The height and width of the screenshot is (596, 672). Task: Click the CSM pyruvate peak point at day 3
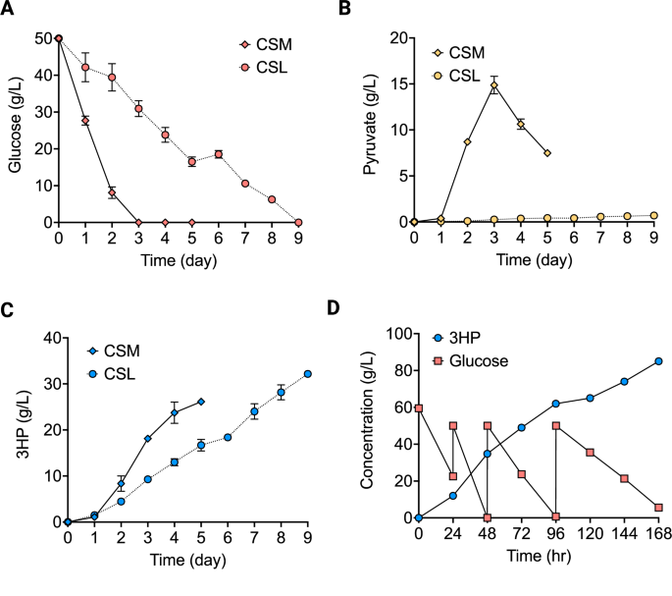click(494, 85)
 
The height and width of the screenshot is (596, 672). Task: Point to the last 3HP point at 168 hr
click(658, 361)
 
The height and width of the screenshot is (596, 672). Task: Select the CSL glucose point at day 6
click(219, 154)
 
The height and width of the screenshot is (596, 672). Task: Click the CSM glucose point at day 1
click(85, 121)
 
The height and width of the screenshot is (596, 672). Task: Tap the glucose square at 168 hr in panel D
click(658, 508)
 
